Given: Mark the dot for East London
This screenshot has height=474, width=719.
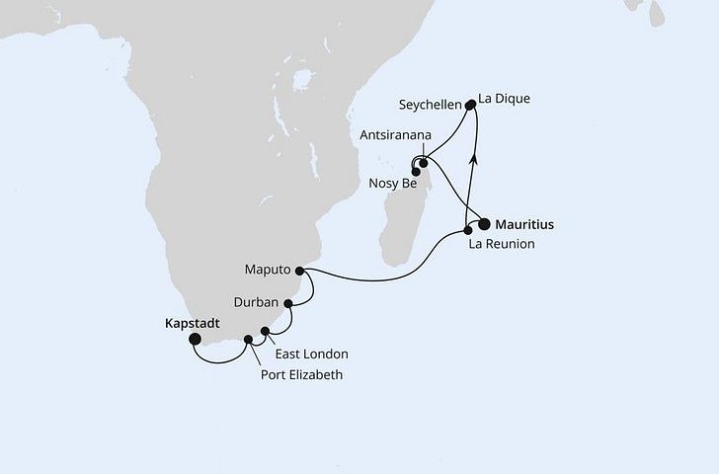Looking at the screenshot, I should click(x=265, y=332).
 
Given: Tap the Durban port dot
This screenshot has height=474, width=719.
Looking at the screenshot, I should click(x=288, y=305).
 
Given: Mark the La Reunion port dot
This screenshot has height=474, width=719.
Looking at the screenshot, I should click(x=468, y=231).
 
